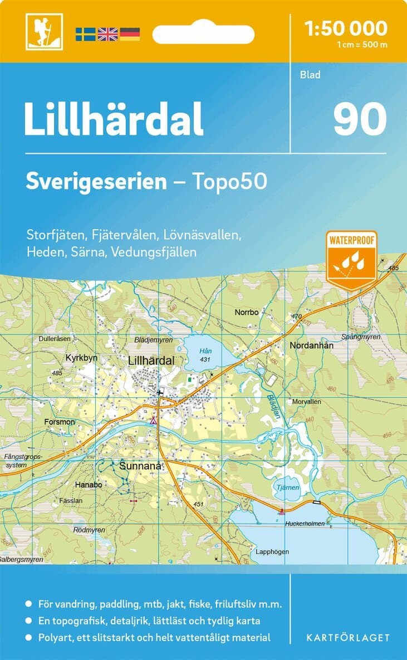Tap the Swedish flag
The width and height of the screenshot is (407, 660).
85,34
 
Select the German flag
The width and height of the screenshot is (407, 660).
130,34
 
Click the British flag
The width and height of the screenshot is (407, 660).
107,34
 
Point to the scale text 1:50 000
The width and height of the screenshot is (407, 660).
346,28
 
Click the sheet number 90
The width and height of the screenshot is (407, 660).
360,120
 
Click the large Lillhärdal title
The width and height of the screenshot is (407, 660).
114,120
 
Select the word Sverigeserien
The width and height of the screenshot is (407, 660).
96,181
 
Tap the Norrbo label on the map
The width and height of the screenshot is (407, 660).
247,312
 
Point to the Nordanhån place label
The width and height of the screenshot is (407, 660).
311,346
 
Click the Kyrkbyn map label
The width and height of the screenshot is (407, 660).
81,358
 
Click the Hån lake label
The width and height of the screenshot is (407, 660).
205,351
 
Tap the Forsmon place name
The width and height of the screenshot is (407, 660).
60,422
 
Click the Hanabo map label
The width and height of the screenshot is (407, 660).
89,485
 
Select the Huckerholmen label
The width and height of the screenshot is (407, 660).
304,524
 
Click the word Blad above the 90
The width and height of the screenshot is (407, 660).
310,75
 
